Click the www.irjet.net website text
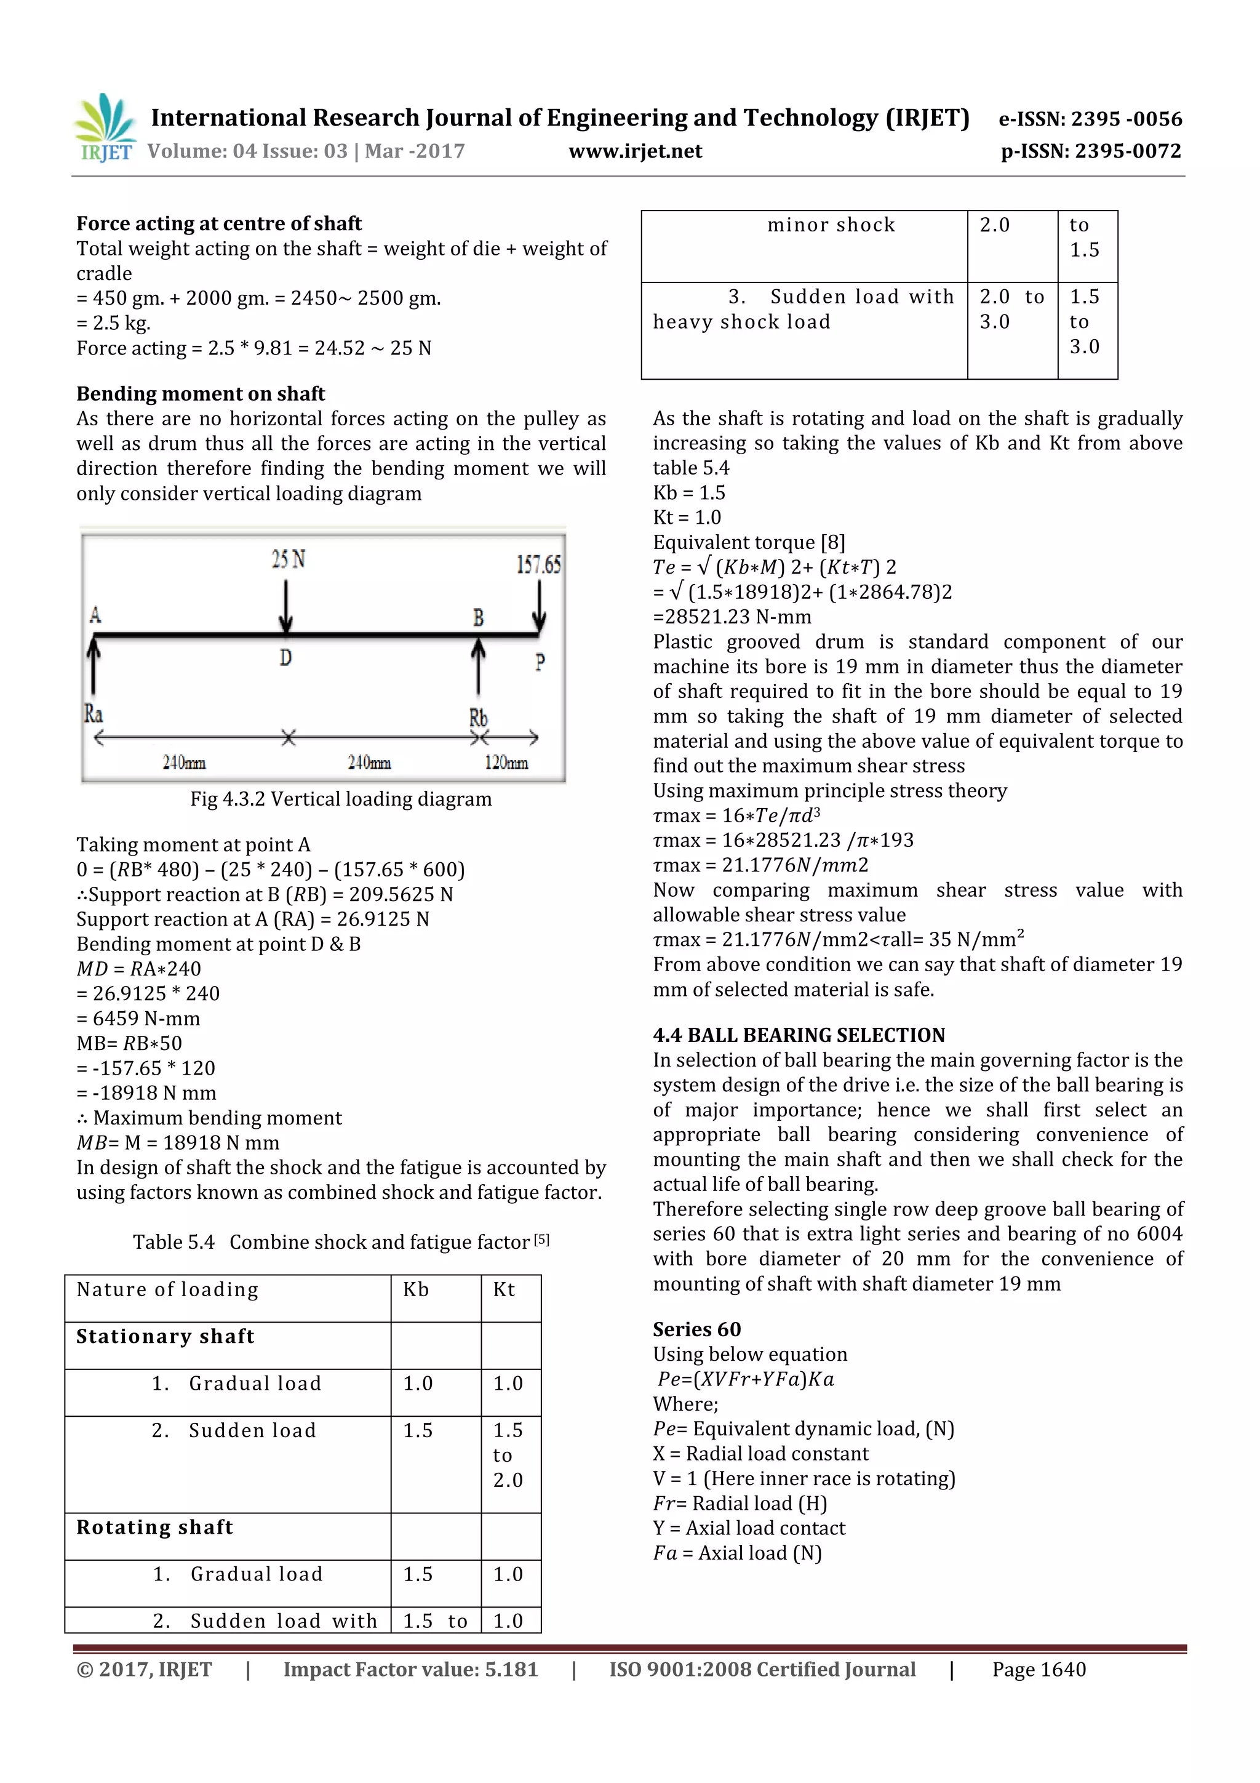(x=635, y=151)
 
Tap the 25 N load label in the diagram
(x=288, y=559)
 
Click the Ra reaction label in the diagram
(x=93, y=714)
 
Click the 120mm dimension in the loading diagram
(x=506, y=763)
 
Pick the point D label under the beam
(x=285, y=659)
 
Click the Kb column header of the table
(x=416, y=1290)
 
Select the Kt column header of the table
(x=504, y=1290)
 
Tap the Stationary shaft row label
(x=165, y=1336)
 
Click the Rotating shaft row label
(x=154, y=1528)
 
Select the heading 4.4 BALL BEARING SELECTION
(x=799, y=1035)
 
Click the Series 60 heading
(x=696, y=1329)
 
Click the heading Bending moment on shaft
(x=201, y=394)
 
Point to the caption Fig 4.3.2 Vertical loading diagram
(x=341, y=799)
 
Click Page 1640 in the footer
(x=1039, y=1670)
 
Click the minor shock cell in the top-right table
(x=831, y=225)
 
